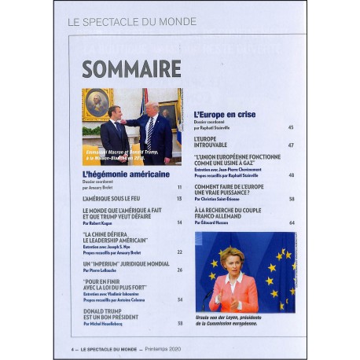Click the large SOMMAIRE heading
[x=131, y=69]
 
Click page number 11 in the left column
[x=179, y=187]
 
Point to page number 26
[x=179, y=270]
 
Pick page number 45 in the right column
[x=291, y=127]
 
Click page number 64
[x=291, y=223]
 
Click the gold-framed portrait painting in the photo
[x=98, y=102]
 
